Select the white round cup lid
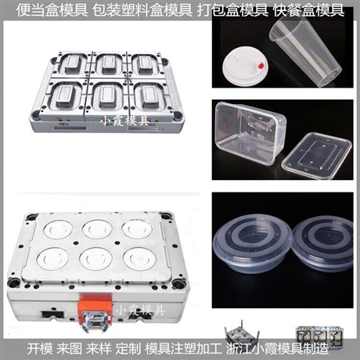[245, 65]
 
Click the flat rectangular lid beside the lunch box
[316, 156]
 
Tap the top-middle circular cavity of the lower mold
[97, 229]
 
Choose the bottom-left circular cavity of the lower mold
[53, 259]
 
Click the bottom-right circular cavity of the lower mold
[139, 259]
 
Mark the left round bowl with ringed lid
[252, 244]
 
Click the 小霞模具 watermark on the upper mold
[126, 121]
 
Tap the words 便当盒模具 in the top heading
[52, 11]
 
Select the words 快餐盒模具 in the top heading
[308, 11]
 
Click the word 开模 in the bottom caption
[40, 348]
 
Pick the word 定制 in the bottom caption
[128, 348]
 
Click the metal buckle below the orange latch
[95, 321]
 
